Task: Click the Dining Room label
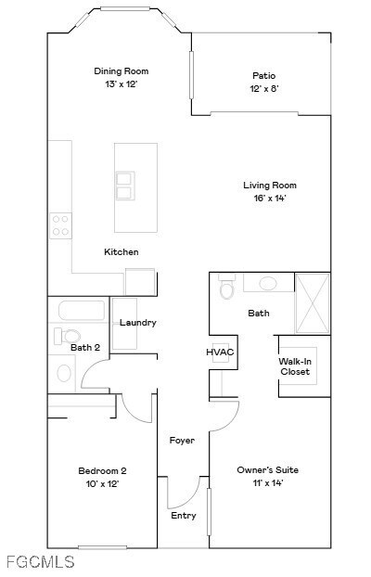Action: point(121,71)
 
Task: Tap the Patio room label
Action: point(263,76)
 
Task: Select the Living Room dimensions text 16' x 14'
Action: point(269,198)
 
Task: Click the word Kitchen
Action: point(121,252)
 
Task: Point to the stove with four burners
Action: point(60,224)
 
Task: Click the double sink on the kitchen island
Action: point(123,186)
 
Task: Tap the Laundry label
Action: point(137,323)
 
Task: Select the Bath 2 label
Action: point(84,347)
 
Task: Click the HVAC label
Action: point(220,353)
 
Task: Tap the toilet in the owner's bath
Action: point(225,290)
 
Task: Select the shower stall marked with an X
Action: point(313,303)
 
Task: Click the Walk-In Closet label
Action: point(295,367)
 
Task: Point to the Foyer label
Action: point(182,440)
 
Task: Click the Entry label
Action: point(184,516)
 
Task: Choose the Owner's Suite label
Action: point(268,470)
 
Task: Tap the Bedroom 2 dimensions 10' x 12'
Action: point(102,483)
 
